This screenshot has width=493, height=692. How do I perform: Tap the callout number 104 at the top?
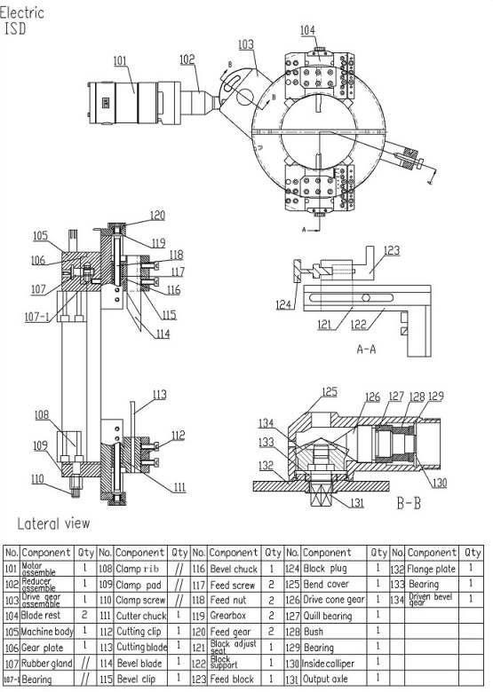coord(307,29)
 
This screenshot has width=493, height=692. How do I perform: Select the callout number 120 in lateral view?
coord(156,215)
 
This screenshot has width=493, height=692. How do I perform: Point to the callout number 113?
coord(159,395)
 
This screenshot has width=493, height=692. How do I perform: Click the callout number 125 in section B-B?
coord(330,391)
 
